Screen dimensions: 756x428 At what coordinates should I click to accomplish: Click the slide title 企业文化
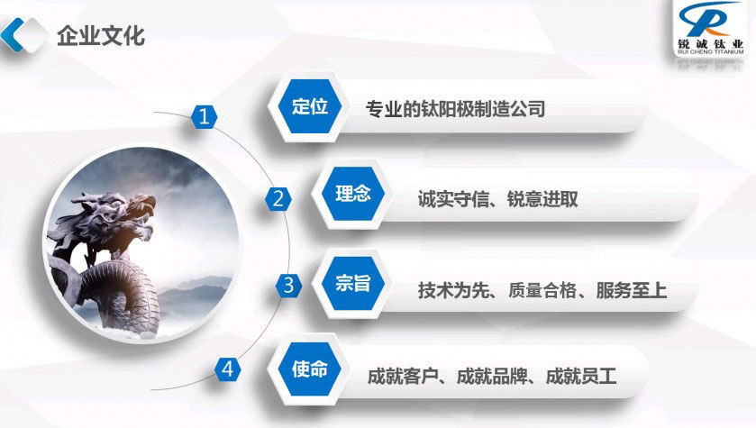101,36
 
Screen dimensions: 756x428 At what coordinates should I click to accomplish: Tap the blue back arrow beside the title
12,34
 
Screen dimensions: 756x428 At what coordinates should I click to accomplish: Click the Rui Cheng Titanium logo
711,28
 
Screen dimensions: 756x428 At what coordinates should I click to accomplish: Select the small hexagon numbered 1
204,116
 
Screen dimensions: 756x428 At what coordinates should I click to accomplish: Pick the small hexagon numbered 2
278,198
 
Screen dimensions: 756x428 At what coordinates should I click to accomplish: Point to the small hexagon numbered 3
288,285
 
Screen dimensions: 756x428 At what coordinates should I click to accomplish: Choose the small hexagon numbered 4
228,369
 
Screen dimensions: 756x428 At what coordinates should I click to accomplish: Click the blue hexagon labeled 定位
310,106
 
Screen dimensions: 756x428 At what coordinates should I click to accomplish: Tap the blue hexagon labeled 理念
353,194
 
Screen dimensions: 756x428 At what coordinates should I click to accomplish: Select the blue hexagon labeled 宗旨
353,283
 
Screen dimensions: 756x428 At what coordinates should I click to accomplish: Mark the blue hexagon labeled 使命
310,369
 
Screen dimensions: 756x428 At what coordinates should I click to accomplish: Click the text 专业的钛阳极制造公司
455,109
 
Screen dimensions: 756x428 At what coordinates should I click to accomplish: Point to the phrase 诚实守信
454,198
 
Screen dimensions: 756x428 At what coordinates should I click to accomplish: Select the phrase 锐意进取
542,198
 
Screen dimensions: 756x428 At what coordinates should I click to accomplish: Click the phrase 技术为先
454,290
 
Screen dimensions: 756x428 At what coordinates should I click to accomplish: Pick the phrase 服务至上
632,290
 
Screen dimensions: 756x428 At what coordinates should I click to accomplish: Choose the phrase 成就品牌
492,376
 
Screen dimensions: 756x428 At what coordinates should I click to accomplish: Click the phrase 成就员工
581,376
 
